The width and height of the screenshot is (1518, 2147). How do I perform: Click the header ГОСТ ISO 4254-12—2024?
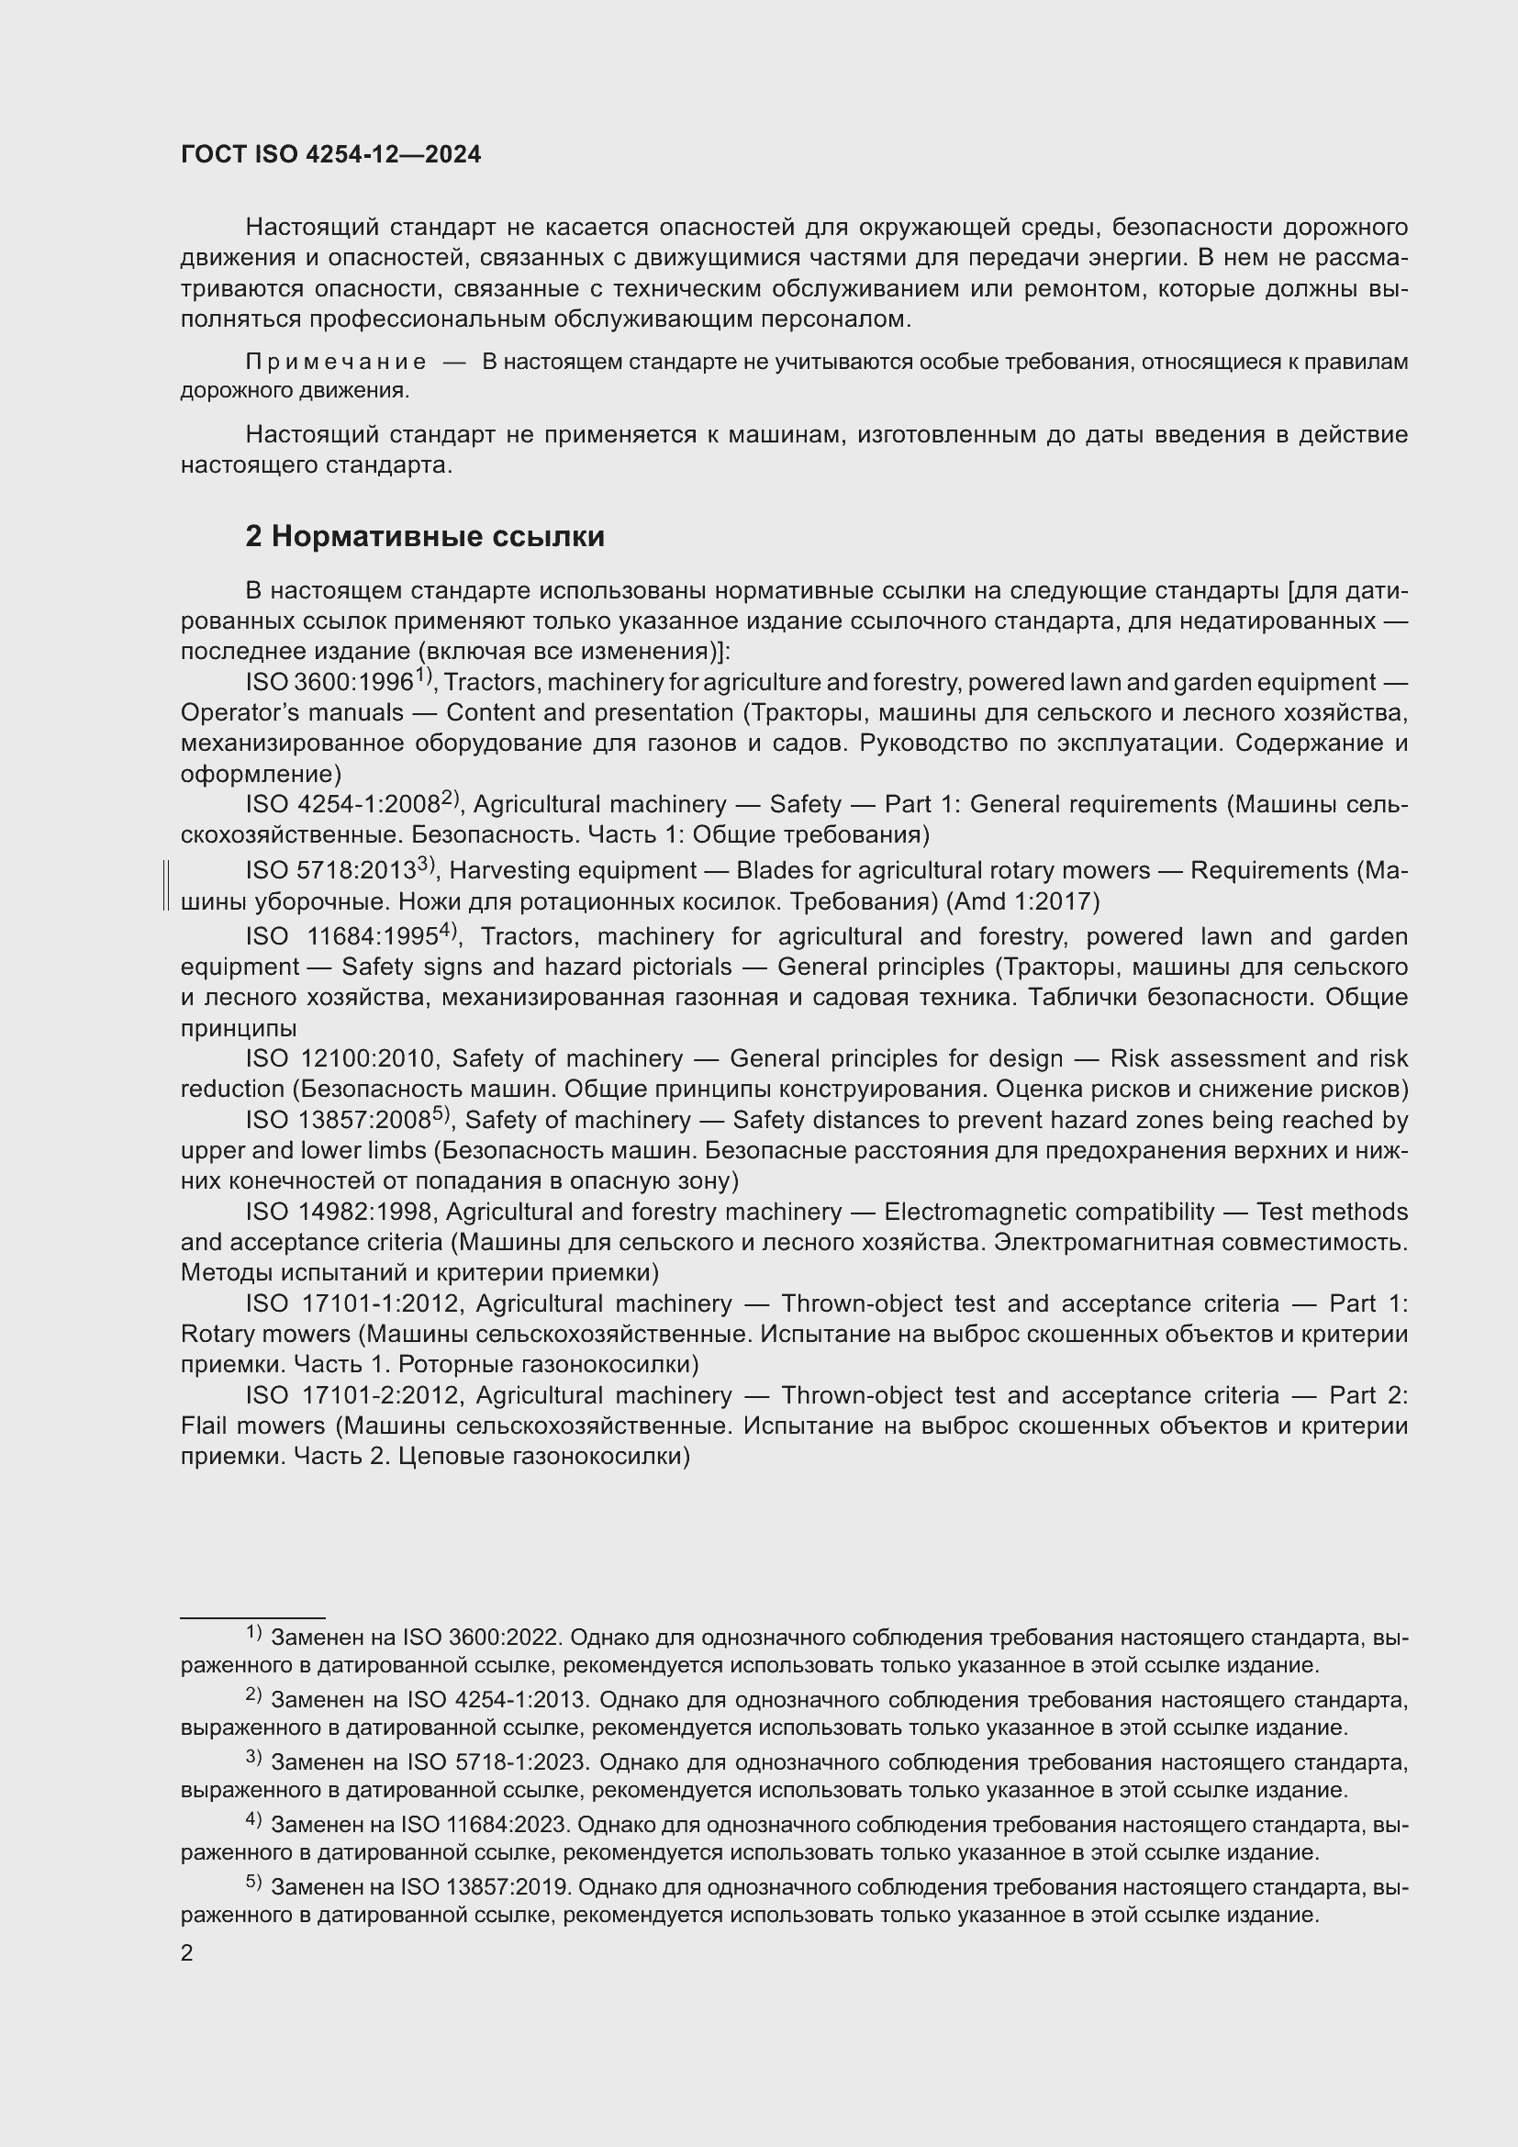coord(331,154)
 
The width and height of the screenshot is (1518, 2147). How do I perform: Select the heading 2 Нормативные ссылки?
coord(424,536)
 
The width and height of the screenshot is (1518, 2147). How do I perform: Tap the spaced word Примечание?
coord(336,362)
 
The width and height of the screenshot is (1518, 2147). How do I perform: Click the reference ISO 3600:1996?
coord(329,683)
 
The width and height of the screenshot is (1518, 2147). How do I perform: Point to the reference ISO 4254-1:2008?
coord(343,804)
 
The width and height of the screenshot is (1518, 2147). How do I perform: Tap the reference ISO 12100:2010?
coord(342,1058)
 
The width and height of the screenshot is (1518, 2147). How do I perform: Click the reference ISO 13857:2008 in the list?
coord(339,1120)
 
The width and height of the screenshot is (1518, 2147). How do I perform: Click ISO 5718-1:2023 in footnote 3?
coord(496,1762)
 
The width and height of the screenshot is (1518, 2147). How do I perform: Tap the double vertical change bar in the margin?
coord(165,886)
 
